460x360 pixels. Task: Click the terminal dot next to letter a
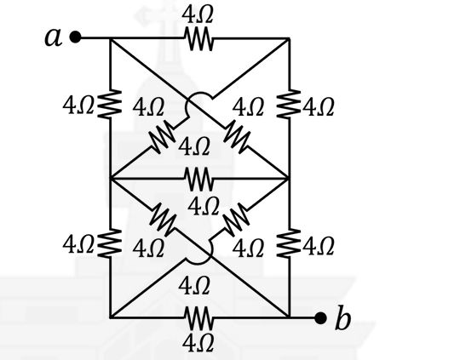pos(76,37)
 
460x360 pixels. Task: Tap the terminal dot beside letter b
pos(320,318)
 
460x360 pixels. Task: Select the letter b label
pos(342,319)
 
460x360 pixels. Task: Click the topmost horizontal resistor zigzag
pos(198,38)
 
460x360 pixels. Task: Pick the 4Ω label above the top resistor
pos(198,15)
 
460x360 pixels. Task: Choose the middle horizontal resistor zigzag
pos(198,178)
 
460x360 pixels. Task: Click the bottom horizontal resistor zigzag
pos(198,317)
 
